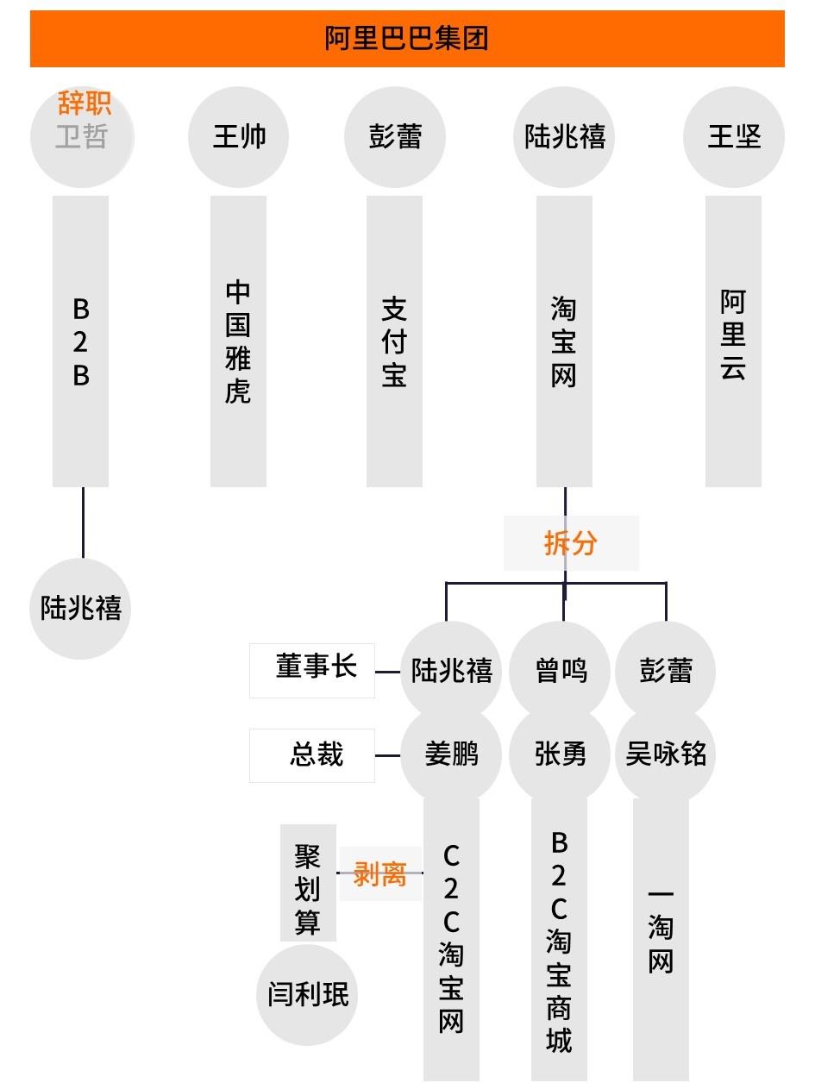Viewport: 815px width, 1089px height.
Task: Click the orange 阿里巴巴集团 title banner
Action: pyautogui.click(x=407, y=39)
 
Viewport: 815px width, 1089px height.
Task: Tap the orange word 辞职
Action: pyautogui.click(x=84, y=103)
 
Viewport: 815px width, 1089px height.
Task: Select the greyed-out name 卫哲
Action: pyautogui.click(x=81, y=137)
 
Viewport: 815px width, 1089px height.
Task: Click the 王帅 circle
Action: pyautogui.click(x=239, y=137)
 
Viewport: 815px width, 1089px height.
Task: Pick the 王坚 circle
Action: pyautogui.click(x=734, y=137)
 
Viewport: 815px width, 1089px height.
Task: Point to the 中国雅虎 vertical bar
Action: pyautogui.click(x=238, y=341)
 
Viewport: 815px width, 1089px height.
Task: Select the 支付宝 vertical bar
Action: pyautogui.click(x=394, y=341)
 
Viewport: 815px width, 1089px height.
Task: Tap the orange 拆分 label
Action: pyautogui.click(x=571, y=543)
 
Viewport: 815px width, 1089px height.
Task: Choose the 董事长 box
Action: pyautogui.click(x=312, y=669)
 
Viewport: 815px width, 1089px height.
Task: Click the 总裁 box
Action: pyautogui.click(x=312, y=755)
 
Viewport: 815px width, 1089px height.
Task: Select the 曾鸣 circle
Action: pyautogui.click(x=561, y=670)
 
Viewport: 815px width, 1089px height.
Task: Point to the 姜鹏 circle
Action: pyautogui.click(x=451, y=755)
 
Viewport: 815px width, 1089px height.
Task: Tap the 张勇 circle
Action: pyautogui.click(x=561, y=755)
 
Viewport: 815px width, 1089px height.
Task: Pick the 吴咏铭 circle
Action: pyautogui.click(x=665, y=755)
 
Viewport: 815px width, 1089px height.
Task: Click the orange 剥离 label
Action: pyautogui.click(x=379, y=873)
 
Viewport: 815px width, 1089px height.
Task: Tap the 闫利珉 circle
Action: pyautogui.click(x=307, y=994)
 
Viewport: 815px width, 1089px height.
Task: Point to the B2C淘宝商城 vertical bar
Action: pyautogui.click(x=559, y=940)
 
